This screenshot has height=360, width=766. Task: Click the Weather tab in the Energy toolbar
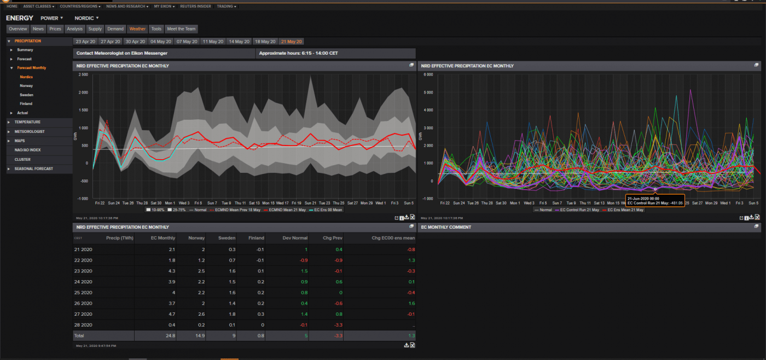click(x=137, y=29)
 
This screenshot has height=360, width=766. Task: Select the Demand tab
click(x=115, y=29)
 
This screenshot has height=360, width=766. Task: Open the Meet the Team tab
click(x=181, y=29)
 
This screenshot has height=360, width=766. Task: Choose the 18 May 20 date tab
click(x=265, y=42)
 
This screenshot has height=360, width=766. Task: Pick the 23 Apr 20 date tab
click(x=85, y=42)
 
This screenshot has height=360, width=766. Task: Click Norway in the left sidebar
click(x=26, y=86)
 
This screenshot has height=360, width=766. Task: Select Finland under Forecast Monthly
click(x=26, y=103)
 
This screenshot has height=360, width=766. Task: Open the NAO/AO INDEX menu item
click(x=27, y=150)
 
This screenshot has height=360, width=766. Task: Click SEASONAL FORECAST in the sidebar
click(x=34, y=169)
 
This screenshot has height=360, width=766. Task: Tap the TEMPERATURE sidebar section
click(x=27, y=122)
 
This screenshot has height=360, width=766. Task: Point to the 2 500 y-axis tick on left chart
click(x=83, y=74)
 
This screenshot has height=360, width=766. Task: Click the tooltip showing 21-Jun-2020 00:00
click(x=654, y=201)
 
